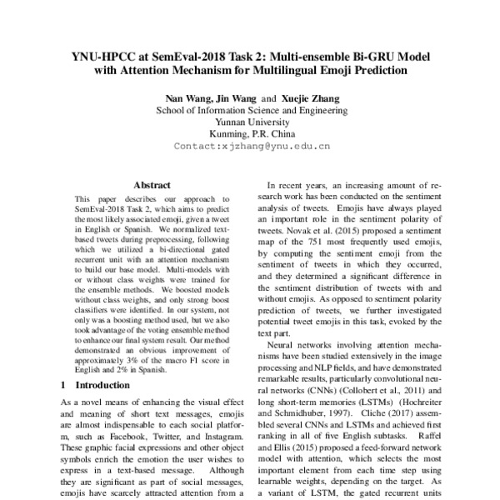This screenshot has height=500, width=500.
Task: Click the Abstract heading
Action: [x=152, y=185]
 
